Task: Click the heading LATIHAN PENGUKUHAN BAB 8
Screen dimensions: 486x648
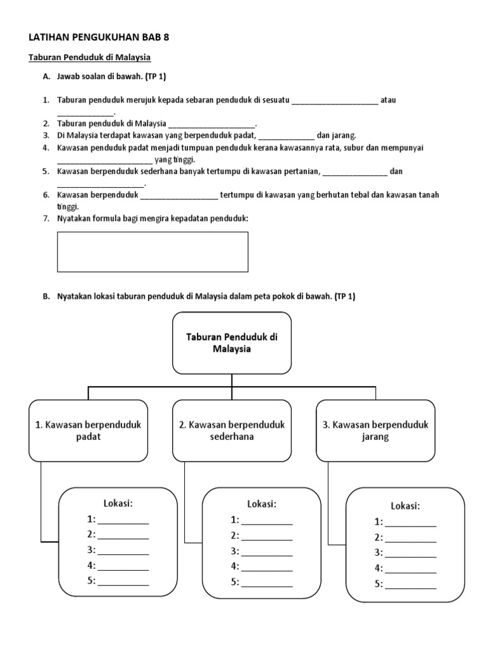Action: [x=99, y=37]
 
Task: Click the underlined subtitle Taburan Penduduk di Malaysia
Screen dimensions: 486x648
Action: [x=90, y=58]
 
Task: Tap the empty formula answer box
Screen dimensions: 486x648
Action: [x=153, y=252]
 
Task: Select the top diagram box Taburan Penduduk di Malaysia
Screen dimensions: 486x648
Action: [x=232, y=343]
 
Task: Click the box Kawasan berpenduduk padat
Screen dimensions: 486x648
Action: [x=89, y=430]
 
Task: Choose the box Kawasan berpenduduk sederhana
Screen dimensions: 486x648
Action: [x=232, y=430]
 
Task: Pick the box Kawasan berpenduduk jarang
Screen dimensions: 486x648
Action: [x=376, y=430]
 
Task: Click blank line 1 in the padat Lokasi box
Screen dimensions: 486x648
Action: [x=123, y=523]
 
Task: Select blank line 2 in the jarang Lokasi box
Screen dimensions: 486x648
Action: [x=410, y=542]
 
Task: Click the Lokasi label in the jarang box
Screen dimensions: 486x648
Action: [x=406, y=506]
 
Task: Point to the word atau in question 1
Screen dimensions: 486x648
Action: [x=388, y=100]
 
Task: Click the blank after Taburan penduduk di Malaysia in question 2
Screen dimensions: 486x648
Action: [x=212, y=127]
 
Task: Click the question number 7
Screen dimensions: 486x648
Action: [x=46, y=218]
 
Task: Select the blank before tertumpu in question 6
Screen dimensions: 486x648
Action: [x=179, y=198]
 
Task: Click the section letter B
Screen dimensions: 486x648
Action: [x=46, y=296]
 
